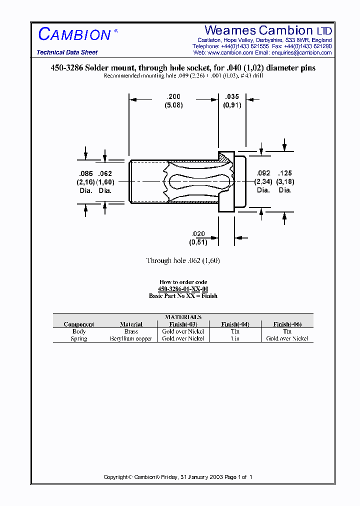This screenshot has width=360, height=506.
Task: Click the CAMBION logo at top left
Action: pyautogui.click(x=75, y=34)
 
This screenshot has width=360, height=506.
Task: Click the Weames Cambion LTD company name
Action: pyautogui.click(x=268, y=30)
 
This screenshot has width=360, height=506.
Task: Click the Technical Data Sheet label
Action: pyautogui.click(x=67, y=52)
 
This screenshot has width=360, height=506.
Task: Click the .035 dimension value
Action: pyautogui.click(x=232, y=97)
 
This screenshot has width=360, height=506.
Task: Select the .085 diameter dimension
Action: pyautogui.click(x=85, y=173)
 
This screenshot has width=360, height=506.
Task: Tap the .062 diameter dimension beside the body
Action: pyautogui.click(x=105, y=173)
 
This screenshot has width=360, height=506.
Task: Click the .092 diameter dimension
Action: pyautogui.click(x=263, y=173)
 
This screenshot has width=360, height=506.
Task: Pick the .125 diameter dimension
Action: pyautogui.click(x=284, y=173)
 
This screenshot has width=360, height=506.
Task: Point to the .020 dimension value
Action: pyautogui.click(x=198, y=234)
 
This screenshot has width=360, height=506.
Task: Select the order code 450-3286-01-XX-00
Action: pyautogui.click(x=183, y=289)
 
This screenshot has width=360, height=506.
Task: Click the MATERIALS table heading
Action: pyautogui.click(x=183, y=317)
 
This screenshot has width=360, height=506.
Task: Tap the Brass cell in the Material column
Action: pyautogui.click(x=131, y=331)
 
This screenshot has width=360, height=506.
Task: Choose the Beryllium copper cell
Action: pyautogui.click(x=131, y=338)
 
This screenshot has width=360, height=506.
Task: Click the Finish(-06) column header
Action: pyautogui.click(x=287, y=324)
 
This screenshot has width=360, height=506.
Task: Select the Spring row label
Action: pyautogui.click(x=79, y=338)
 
